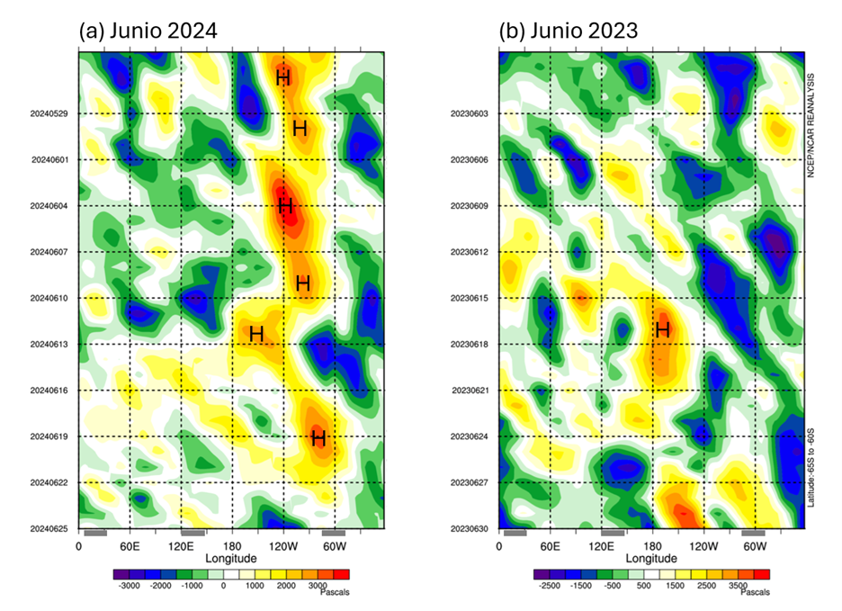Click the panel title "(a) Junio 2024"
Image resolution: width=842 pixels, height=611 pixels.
148,30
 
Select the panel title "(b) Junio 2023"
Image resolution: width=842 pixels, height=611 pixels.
569,30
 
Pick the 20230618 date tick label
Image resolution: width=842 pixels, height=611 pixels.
469,345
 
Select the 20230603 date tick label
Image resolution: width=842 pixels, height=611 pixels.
469,113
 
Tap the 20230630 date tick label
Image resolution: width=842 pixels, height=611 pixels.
469,529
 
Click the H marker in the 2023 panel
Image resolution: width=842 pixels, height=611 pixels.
663,330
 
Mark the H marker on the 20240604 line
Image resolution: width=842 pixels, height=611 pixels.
286,207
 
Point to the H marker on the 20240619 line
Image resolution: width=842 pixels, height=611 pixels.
318,439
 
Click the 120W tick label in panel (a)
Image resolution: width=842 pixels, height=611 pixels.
282,546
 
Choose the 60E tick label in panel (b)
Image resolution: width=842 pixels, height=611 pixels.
551,546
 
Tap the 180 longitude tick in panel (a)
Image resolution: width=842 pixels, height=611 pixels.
232,546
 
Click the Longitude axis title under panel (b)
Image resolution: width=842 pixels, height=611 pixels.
651,559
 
